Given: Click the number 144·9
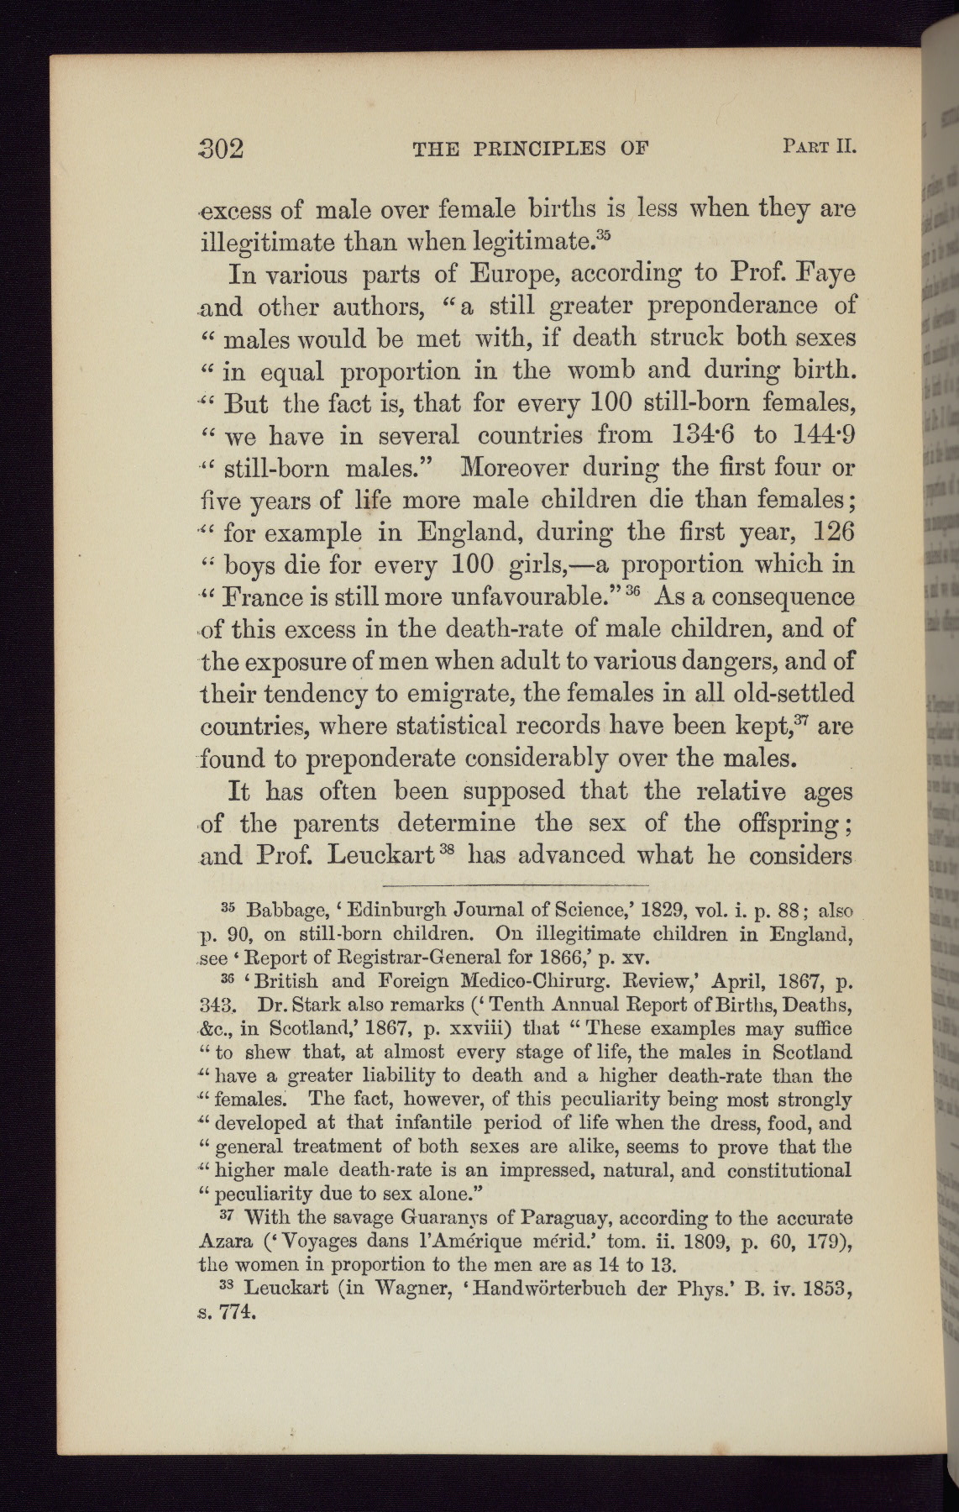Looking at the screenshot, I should click(x=818, y=435).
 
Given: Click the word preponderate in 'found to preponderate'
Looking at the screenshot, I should click(x=379, y=759).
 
